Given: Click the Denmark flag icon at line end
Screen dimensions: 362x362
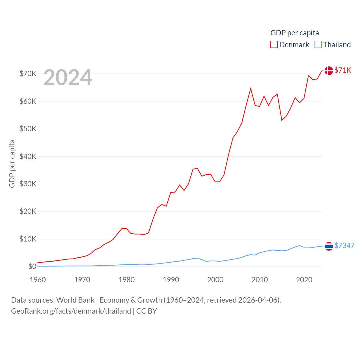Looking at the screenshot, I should tap(329, 70).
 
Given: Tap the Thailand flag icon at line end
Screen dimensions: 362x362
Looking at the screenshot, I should tap(329, 246).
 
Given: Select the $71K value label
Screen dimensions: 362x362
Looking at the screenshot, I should tap(342, 70).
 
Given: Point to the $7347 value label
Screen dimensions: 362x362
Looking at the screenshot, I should tap(344, 245).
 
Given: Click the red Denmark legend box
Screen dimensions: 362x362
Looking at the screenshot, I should tap(274, 45).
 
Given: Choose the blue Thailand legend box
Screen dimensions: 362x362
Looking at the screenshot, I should tap(318, 45).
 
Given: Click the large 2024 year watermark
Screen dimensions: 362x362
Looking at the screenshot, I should tap(68, 77).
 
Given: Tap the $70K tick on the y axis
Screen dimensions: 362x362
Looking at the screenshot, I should tap(28, 74).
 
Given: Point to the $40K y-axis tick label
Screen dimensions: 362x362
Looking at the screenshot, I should tap(28, 156).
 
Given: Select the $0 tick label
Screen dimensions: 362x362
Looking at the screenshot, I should tap(32, 266).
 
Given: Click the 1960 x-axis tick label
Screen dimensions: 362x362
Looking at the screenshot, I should tap(38, 280).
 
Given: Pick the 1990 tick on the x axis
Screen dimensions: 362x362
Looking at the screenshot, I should tap(171, 280).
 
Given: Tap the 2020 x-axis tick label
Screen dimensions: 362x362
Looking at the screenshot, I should tap(304, 280).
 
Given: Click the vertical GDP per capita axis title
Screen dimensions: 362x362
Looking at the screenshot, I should tap(12, 163).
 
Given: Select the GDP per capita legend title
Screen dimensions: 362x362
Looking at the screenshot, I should tap(294, 33).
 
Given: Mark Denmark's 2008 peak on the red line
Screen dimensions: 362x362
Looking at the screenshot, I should tap(251, 89).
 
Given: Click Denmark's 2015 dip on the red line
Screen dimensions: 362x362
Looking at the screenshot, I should tap(282, 120).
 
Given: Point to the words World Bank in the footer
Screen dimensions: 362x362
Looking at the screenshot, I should tap(75, 300).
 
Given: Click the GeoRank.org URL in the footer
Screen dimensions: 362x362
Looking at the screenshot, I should tap(71, 311).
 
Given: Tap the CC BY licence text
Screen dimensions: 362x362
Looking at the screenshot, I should tap(146, 311).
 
